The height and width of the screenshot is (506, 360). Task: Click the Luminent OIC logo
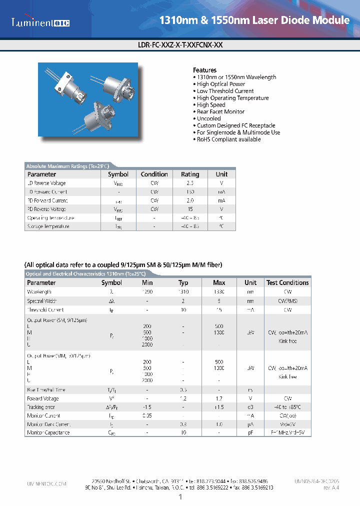pos(40,22)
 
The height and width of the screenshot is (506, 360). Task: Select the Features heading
pos(204,70)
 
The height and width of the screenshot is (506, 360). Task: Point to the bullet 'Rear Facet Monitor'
pos(220,112)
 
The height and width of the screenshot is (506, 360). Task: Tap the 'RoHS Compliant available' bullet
pos(228,139)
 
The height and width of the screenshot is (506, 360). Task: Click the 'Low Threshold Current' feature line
pos(225,91)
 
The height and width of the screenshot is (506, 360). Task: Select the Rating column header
pos(190,174)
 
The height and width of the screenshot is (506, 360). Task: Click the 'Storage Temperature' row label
pos(48,226)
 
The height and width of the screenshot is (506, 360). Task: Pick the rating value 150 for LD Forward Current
pos(190,192)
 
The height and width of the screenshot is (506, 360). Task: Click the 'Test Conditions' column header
pos(287,282)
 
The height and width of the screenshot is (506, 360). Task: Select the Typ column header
pos(183,282)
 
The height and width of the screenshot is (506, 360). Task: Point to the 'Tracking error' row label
pos(41,407)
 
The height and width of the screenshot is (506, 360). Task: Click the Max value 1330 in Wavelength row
pos(219,292)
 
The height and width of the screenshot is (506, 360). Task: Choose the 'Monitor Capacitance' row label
pos(48,432)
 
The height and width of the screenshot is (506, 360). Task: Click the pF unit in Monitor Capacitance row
pos(250,432)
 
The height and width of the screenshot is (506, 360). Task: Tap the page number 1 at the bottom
pos(180,497)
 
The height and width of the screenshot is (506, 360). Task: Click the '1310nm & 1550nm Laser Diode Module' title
pos(254,20)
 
